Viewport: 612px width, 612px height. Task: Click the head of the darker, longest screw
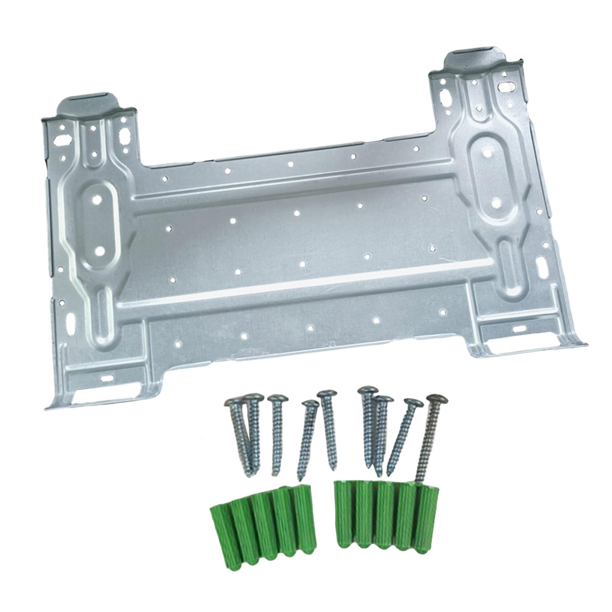coord(438,400)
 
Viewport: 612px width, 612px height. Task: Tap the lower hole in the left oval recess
coord(100,251)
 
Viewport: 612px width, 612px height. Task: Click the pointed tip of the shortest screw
coord(300,478)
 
